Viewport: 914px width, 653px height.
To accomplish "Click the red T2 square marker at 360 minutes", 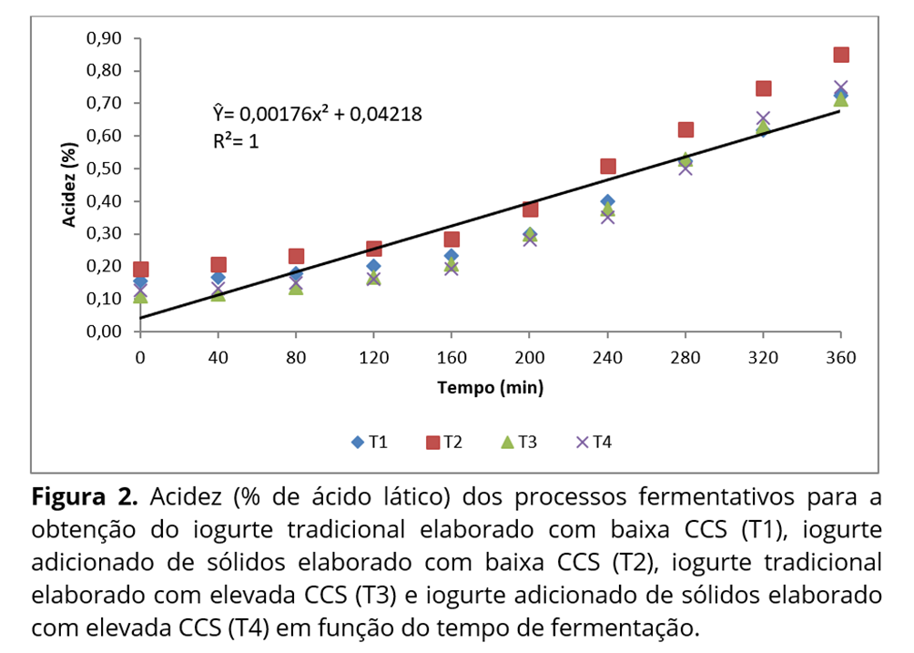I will [x=841, y=55].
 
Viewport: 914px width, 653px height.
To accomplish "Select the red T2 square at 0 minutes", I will [x=140, y=270].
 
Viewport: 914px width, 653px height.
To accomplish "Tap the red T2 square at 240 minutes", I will [x=607, y=166].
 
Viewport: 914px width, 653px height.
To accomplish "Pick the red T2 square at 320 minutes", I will [x=763, y=88].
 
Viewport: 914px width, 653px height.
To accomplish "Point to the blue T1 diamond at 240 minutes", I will [x=607, y=201].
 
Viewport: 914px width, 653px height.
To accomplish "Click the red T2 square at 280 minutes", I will [x=685, y=130].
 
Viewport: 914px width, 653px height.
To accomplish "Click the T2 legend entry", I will [x=444, y=443].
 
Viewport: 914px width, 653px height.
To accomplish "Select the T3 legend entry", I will [x=518, y=443].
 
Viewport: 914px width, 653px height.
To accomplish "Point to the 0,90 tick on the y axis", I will [x=104, y=38].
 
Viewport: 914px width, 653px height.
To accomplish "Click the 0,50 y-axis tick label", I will [x=104, y=168].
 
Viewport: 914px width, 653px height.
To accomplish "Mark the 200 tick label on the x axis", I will [x=530, y=357].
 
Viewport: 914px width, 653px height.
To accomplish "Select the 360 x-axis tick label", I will [x=841, y=357].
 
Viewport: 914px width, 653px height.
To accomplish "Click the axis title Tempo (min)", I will [x=490, y=388].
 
